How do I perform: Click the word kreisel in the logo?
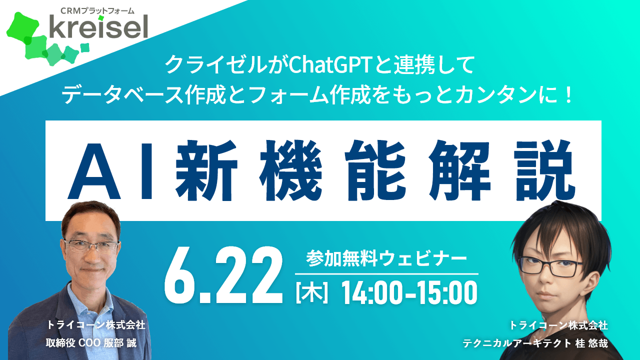(x=98, y=26)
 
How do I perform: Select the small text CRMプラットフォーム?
(x=97, y=10)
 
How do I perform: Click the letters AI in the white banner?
(x=111, y=171)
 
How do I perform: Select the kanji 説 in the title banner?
(x=544, y=170)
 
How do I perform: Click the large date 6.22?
(x=223, y=275)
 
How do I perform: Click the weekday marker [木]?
(x=311, y=293)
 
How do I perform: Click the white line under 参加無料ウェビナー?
(x=386, y=273)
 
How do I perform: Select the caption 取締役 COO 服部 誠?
(x=91, y=343)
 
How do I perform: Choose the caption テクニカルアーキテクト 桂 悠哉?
(x=535, y=343)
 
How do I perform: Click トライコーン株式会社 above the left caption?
(x=95, y=325)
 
